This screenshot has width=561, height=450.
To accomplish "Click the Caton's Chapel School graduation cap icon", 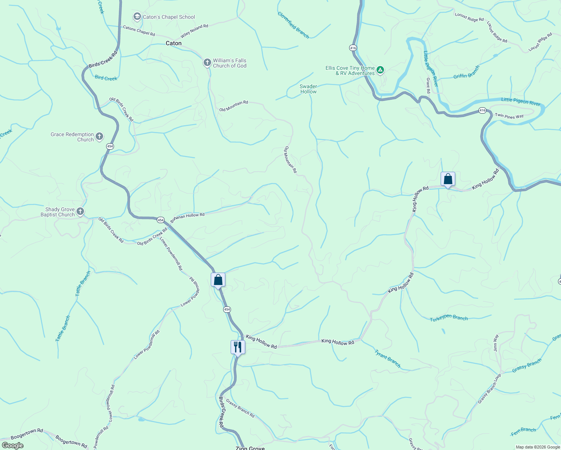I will [x=137, y=16].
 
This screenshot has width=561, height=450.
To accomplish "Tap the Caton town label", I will [x=174, y=43].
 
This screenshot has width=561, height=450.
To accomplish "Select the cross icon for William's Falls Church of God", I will [x=207, y=63].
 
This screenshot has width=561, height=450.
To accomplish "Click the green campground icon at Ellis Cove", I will [x=380, y=70].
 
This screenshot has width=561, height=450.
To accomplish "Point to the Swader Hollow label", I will [x=308, y=89].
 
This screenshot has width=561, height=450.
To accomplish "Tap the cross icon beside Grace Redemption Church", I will [x=99, y=136].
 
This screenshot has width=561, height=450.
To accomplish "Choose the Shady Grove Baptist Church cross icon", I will [x=80, y=211].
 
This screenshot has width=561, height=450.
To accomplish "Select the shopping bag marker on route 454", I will [x=218, y=280].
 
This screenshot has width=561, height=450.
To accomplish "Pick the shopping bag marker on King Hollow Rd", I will [x=448, y=179].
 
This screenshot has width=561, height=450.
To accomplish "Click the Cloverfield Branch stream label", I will [x=293, y=25].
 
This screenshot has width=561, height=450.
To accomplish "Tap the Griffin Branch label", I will [x=466, y=72].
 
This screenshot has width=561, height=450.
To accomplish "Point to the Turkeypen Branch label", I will [x=449, y=318].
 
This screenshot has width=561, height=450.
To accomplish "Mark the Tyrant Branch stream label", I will [x=388, y=358].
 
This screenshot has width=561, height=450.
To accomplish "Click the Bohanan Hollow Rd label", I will [x=187, y=217].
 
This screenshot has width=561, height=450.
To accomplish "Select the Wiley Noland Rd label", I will [x=194, y=31].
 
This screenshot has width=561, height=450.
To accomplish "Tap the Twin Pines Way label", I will [x=509, y=116].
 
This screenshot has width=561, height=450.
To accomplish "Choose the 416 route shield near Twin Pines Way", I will [x=482, y=111].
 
